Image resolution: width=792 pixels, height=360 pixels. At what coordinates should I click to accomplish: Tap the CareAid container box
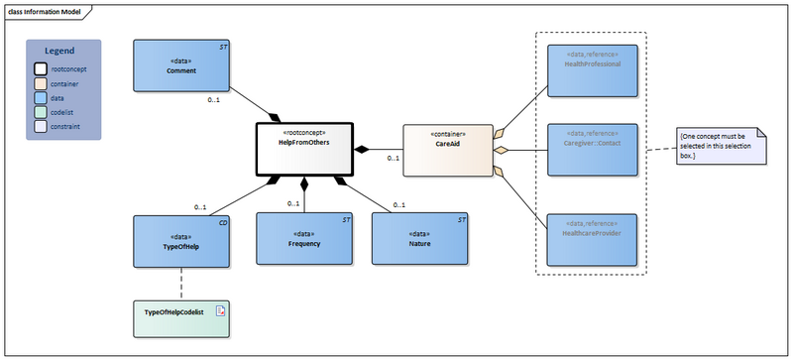[x=447, y=149]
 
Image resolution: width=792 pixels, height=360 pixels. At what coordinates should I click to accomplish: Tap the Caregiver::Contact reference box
[x=592, y=151]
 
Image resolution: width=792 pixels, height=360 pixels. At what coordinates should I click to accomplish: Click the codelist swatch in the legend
[x=42, y=113]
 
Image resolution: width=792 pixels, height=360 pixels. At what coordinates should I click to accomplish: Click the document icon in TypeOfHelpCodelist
[x=221, y=311]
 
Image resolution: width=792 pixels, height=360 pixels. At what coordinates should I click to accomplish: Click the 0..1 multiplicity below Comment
[x=212, y=100]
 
